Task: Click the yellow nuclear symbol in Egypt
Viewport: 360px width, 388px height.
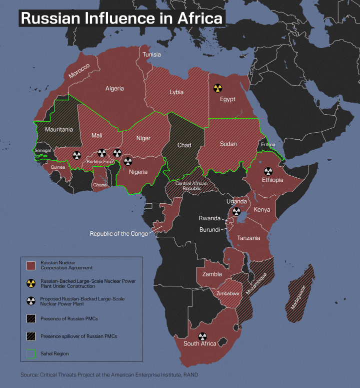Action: coord(217,88)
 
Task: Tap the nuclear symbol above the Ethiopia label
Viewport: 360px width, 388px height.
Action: coord(268,171)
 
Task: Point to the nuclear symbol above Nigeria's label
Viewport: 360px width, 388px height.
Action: coord(127,161)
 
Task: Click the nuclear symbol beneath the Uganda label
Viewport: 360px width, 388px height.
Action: coord(236,211)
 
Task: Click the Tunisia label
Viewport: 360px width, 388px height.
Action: coord(151,54)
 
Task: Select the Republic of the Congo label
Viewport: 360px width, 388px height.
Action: coord(118,233)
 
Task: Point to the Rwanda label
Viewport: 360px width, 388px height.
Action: coord(209,218)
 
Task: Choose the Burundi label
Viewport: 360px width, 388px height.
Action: coord(209,230)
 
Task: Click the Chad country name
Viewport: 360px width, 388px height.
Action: coord(184,145)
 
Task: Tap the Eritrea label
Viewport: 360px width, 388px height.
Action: coord(268,145)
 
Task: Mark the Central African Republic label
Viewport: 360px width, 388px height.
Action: coord(191,186)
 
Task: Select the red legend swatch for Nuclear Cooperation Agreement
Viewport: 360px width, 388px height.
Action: coord(30,264)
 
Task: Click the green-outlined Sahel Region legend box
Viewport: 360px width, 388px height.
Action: coord(30,353)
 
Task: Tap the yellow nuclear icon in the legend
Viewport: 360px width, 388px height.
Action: coord(30,283)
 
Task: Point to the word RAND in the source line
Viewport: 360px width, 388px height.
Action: coord(196,374)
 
